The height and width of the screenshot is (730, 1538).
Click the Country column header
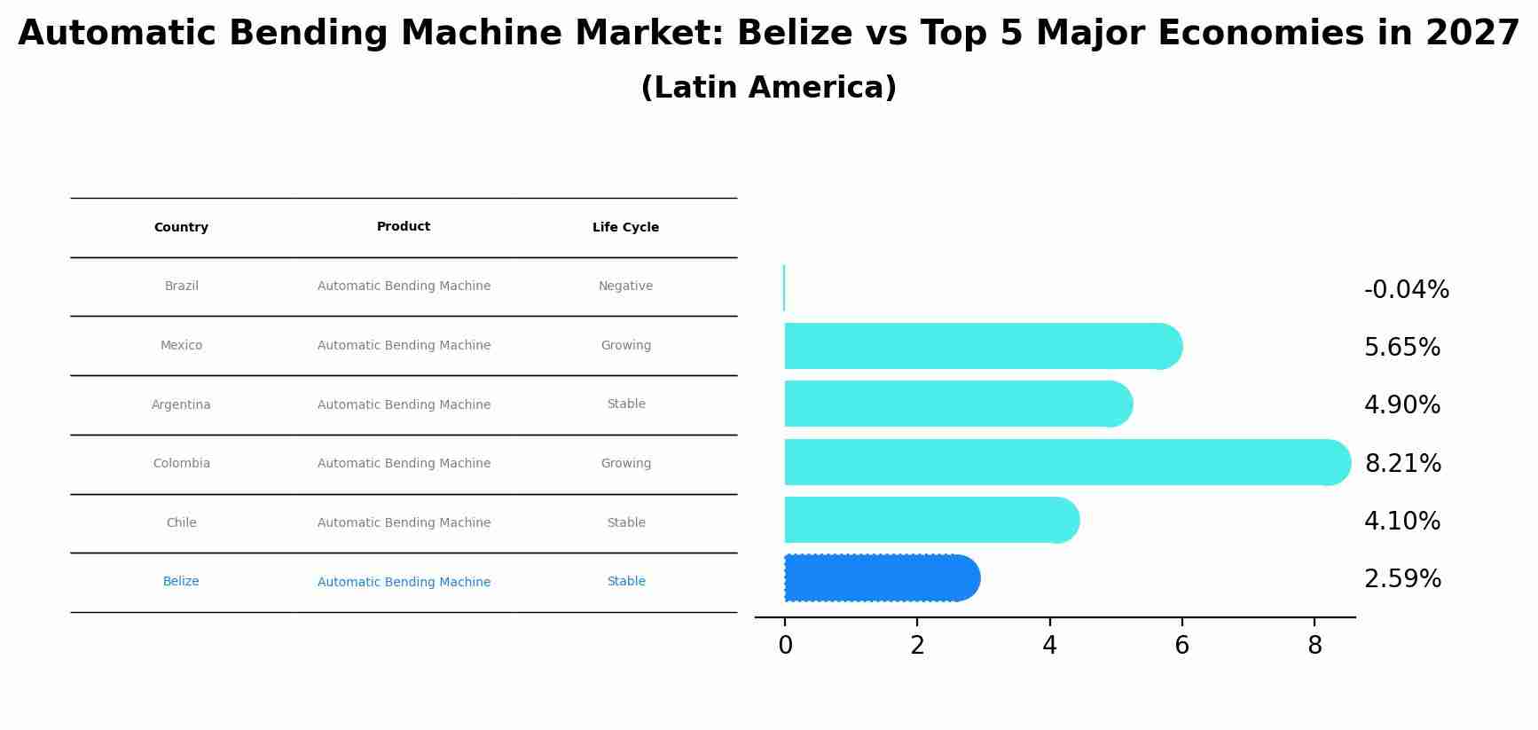coord(181,227)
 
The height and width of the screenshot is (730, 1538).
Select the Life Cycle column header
coord(625,227)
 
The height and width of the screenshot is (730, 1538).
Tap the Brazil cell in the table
coord(182,286)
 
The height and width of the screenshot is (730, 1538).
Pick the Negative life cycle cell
coord(625,286)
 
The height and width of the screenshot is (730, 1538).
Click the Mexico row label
coord(181,345)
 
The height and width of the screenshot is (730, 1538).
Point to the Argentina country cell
coord(181,404)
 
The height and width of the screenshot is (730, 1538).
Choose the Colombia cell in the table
coord(181,463)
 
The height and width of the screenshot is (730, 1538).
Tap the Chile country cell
coord(181,522)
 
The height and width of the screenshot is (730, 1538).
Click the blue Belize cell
coord(181,581)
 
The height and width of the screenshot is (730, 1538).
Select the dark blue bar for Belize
coord(878,578)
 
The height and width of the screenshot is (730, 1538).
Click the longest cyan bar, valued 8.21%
coord(1064,462)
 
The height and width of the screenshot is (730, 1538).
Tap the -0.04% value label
coord(1406,290)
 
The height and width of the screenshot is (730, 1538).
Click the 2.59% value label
coord(1402,579)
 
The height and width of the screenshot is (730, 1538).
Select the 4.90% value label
coord(1401,405)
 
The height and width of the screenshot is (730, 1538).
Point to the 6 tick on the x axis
coord(1181,646)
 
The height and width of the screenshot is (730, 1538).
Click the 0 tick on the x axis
coord(785,646)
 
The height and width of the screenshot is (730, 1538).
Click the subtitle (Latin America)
coord(768,88)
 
